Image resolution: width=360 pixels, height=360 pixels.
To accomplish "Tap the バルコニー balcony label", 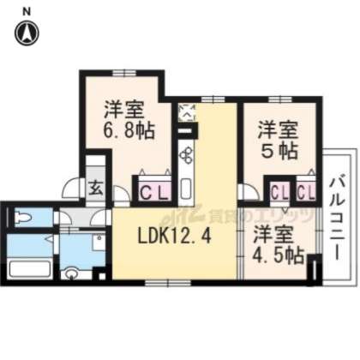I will click(x=337, y=219).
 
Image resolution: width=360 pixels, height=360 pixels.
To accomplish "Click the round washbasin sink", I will click(x=73, y=274).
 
